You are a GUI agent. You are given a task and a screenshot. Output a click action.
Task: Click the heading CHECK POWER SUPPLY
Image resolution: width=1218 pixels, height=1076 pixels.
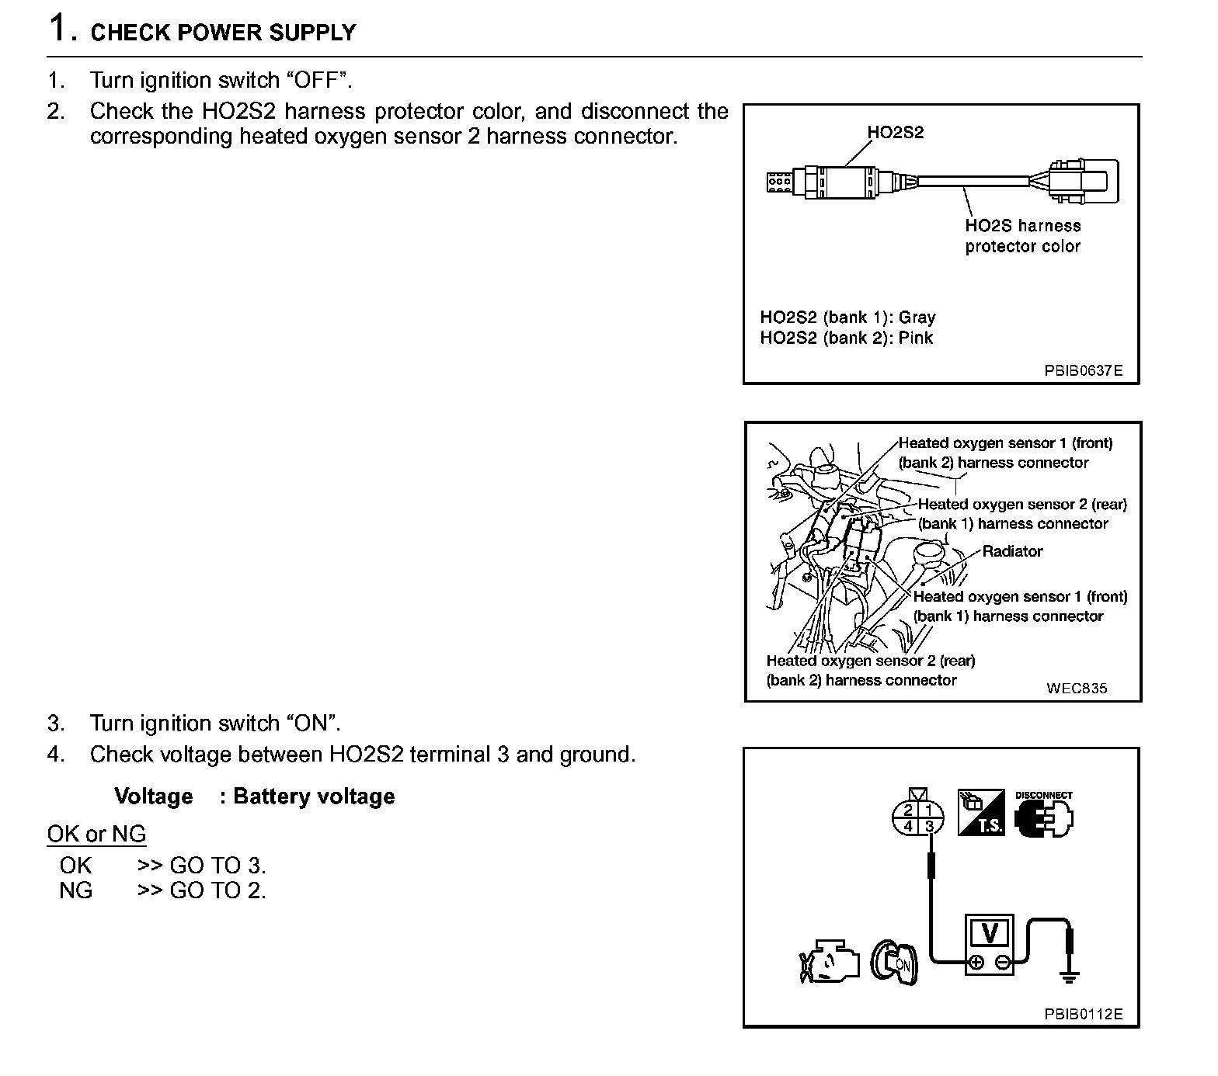pos(223,33)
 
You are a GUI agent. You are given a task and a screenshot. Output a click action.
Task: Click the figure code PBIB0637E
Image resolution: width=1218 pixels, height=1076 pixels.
pos(1083,370)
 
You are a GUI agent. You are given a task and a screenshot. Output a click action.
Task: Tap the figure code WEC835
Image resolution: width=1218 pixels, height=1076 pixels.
pos(1077,688)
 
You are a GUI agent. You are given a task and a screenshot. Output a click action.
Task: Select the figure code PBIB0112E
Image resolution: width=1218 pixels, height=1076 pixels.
pos(1083,1014)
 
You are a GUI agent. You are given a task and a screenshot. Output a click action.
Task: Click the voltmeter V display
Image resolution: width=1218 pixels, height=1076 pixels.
pos(989,932)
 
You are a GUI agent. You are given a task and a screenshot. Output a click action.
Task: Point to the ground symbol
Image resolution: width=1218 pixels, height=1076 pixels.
pos(1070,975)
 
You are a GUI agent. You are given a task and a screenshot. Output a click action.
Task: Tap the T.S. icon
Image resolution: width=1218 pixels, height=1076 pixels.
pos(982,813)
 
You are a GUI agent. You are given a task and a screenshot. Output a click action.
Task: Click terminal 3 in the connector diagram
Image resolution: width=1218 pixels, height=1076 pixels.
pos(929,826)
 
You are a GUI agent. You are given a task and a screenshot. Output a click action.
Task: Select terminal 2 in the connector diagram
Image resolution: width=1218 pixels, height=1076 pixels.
pos(908,810)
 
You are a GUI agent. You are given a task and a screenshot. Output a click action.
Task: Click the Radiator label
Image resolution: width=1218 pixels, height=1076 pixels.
pos(1012,551)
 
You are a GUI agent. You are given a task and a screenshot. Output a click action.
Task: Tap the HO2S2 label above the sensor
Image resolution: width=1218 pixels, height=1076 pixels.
pos(896,132)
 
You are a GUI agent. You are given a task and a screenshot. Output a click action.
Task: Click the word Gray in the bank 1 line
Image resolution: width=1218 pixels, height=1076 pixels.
pos(917,317)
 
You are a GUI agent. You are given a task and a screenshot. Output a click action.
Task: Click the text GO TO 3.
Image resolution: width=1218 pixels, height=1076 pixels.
pos(217,866)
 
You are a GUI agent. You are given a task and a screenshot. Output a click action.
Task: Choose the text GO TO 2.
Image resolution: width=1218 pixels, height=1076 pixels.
pos(217,890)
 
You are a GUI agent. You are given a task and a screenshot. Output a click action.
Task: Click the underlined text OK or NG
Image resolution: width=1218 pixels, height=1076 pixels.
pos(96,834)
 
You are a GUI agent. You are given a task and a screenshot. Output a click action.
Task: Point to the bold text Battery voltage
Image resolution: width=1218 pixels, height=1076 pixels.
pos(314,797)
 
